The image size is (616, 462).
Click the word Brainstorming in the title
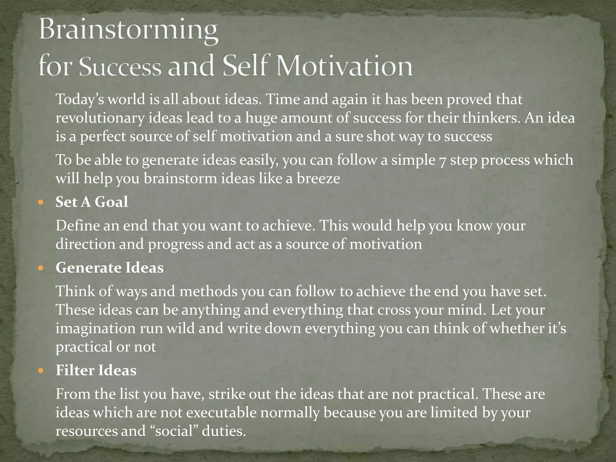click(x=128, y=32)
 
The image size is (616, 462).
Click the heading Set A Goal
click(x=92, y=202)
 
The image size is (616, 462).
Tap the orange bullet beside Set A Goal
click(x=41, y=202)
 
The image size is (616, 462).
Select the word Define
click(x=78, y=226)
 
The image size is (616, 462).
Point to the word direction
click(x=85, y=244)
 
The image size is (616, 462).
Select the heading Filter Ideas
click(x=96, y=370)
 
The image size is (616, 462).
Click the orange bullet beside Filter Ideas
click(x=41, y=370)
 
